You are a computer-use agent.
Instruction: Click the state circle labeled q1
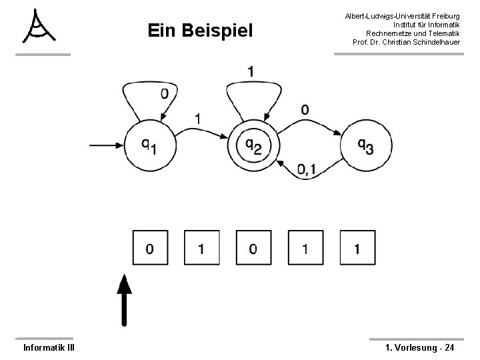[x=149, y=143]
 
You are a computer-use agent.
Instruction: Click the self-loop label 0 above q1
[x=164, y=94]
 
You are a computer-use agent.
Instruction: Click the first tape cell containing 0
[x=149, y=248]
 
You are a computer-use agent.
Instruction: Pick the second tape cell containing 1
[x=201, y=248]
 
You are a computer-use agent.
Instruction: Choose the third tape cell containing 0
[x=253, y=248]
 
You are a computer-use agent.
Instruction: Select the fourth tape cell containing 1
[x=305, y=248]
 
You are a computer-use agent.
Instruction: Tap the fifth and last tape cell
[x=357, y=248]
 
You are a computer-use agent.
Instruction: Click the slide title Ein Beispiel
[x=200, y=31]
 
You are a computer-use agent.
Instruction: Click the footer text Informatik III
[x=49, y=347]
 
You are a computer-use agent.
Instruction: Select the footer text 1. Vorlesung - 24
[x=420, y=347]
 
